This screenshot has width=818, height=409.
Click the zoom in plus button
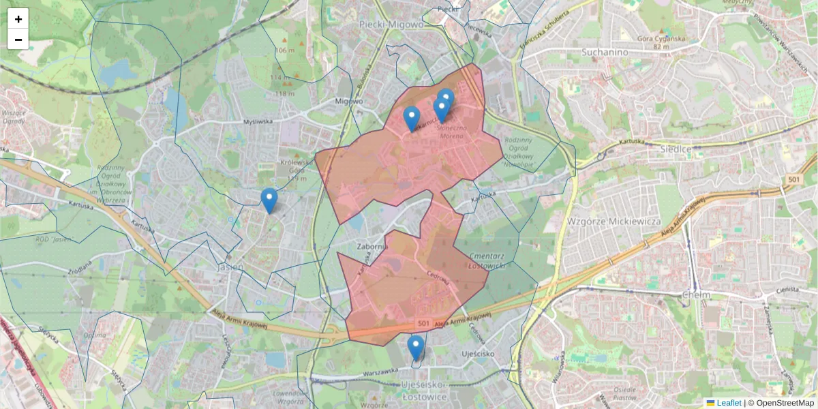click(x=18, y=19)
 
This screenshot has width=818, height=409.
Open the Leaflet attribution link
click(x=728, y=403)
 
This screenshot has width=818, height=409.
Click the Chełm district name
click(x=696, y=294)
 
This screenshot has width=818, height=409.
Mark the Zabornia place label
click(x=372, y=246)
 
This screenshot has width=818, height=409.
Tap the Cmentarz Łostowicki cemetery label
click(x=487, y=261)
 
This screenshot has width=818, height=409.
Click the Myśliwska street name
click(x=258, y=121)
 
